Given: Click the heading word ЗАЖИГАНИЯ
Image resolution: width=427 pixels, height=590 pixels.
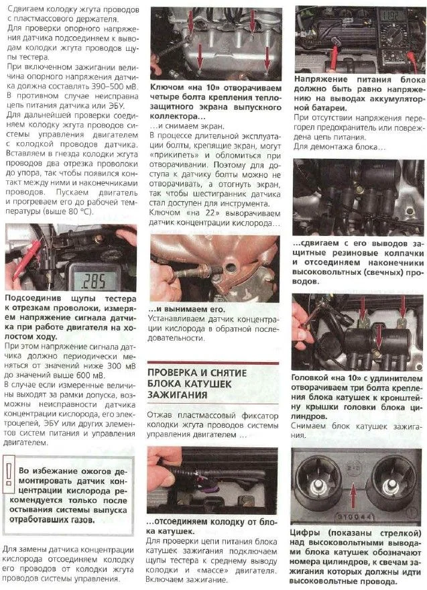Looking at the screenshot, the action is pyautogui.click(x=177, y=395).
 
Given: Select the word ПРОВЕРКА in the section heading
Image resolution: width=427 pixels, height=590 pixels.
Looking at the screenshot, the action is pyautogui.click(x=172, y=373).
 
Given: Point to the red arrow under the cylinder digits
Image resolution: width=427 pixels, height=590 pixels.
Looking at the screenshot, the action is pyautogui.click(x=353, y=497).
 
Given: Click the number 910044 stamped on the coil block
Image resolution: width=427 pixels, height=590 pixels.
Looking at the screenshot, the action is pyautogui.click(x=355, y=517).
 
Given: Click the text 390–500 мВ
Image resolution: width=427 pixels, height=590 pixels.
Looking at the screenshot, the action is pyautogui.click(x=115, y=86).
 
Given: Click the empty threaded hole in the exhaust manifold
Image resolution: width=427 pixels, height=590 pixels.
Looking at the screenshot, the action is pyautogui.click(x=229, y=268).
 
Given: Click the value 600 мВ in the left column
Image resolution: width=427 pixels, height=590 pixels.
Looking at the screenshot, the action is pyautogui.click(x=90, y=375).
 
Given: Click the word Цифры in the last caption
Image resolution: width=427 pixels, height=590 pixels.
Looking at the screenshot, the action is pyautogui.click(x=305, y=533).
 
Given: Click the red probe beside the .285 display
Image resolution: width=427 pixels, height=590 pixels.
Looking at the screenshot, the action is pyautogui.click(x=27, y=259).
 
